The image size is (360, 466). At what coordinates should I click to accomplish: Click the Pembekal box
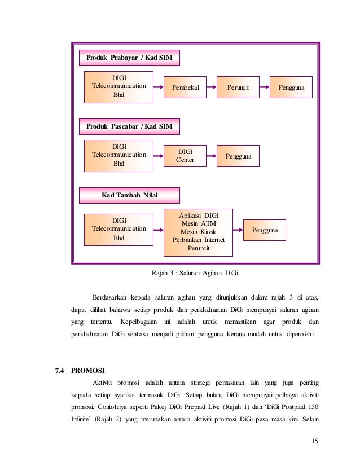pyautogui.click(x=185, y=87)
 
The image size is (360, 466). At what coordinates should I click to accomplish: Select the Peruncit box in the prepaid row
pyautogui.click(x=238, y=87)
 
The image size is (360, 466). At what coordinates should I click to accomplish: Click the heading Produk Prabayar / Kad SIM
pyautogui.click(x=129, y=58)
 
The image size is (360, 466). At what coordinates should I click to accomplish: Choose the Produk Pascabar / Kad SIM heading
pyautogui.click(x=129, y=126)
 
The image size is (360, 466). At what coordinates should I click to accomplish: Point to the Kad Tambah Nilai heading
pyautogui.click(x=129, y=196)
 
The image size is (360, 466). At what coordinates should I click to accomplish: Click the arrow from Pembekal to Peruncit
pyautogui.click(x=212, y=87)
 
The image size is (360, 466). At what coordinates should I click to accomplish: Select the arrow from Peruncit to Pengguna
pyautogui.click(x=265, y=87)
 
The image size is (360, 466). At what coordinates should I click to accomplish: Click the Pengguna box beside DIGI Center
pyautogui.click(x=238, y=156)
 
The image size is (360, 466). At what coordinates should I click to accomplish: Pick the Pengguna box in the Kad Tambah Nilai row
pyautogui.click(x=265, y=230)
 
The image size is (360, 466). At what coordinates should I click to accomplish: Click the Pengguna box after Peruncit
pyautogui.click(x=291, y=87)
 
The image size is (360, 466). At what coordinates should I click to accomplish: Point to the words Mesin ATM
pyautogui.click(x=198, y=223)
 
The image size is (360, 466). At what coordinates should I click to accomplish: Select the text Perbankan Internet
pyautogui.click(x=198, y=240)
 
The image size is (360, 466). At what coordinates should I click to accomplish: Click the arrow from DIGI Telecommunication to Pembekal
pyautogui.click(x=159, y=87)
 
